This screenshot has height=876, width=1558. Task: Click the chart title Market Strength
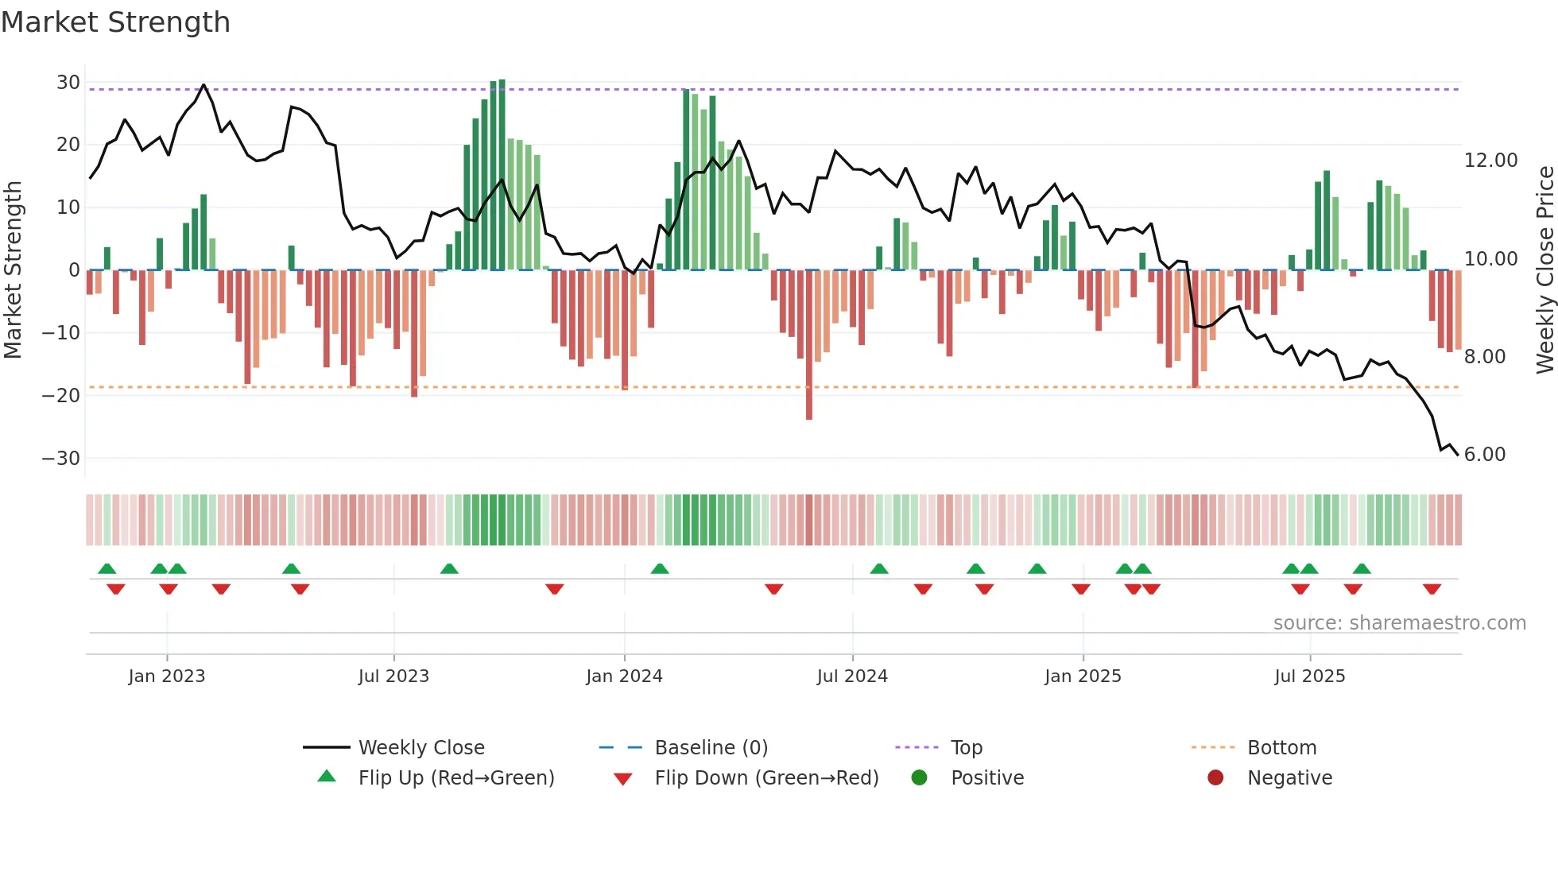pos(115,22)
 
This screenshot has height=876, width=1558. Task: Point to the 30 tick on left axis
pos(68,83)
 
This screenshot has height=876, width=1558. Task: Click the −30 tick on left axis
pos(61,459)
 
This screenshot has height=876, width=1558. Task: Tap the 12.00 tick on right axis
pos(1490,161)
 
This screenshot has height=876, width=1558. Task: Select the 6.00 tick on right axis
pos(1484,455)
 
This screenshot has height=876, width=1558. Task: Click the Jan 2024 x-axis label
pos(624,676)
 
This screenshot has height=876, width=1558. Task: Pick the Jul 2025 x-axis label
pos(1309,676)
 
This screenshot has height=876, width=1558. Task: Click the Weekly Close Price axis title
pos(1544,269)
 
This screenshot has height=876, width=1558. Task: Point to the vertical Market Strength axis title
pos(13,269)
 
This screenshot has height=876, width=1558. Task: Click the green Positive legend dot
pos(919,778)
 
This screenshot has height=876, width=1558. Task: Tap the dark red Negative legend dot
pos(1215,778)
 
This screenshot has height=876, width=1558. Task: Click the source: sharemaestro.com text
pos(1399,623)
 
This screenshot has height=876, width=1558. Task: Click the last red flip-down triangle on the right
pos(1432,589)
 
